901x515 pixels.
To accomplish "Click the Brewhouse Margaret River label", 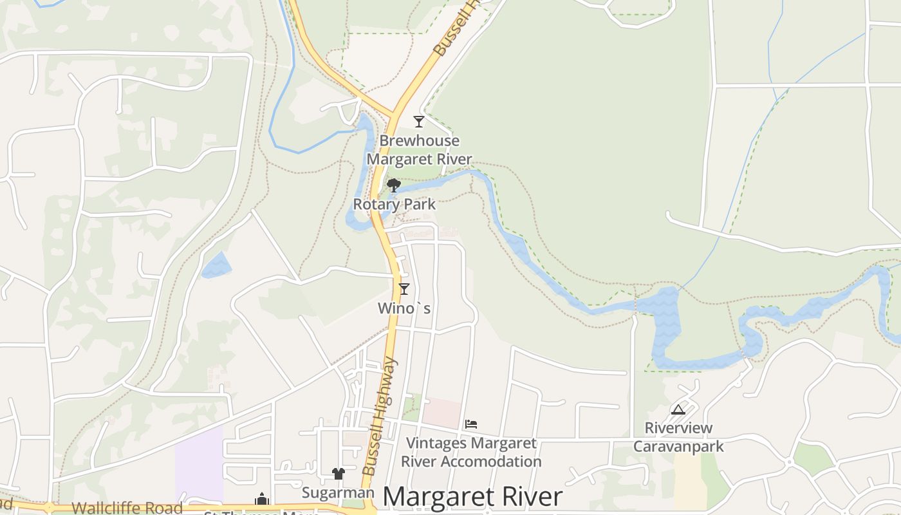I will pyautogui.click(x=419, y=150).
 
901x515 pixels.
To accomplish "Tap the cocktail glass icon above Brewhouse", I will pyautogui.click(x=419, y=121).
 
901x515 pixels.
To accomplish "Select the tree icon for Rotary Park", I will pyautogui.click(x=393, y=185).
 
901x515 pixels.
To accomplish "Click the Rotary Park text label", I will pyautogui.click(x=395, y=205).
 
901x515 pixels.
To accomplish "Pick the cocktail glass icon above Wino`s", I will pyautogui.click(x=404, y=289).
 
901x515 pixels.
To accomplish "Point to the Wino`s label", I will pyautogui.click(x=404, y=309).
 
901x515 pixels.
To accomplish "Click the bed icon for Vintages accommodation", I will pyautogui.click(x=471, y=424).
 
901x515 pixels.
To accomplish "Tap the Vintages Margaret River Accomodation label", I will pyautogui.click(x=471, y=453).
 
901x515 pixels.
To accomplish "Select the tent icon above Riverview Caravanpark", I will pyautogui.click(x=678, y=409).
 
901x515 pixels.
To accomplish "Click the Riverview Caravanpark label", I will pyautogui.click(x=678, y=437).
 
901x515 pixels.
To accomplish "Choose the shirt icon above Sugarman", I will pyautogui.click(x=339, y=474).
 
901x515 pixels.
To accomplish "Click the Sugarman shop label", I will pyautogui.click(x=339, y=493).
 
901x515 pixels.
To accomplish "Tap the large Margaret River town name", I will pyautogui.click(x=473, y=497).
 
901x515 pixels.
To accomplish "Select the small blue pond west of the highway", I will pyautogui.click(x=216, y=265).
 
